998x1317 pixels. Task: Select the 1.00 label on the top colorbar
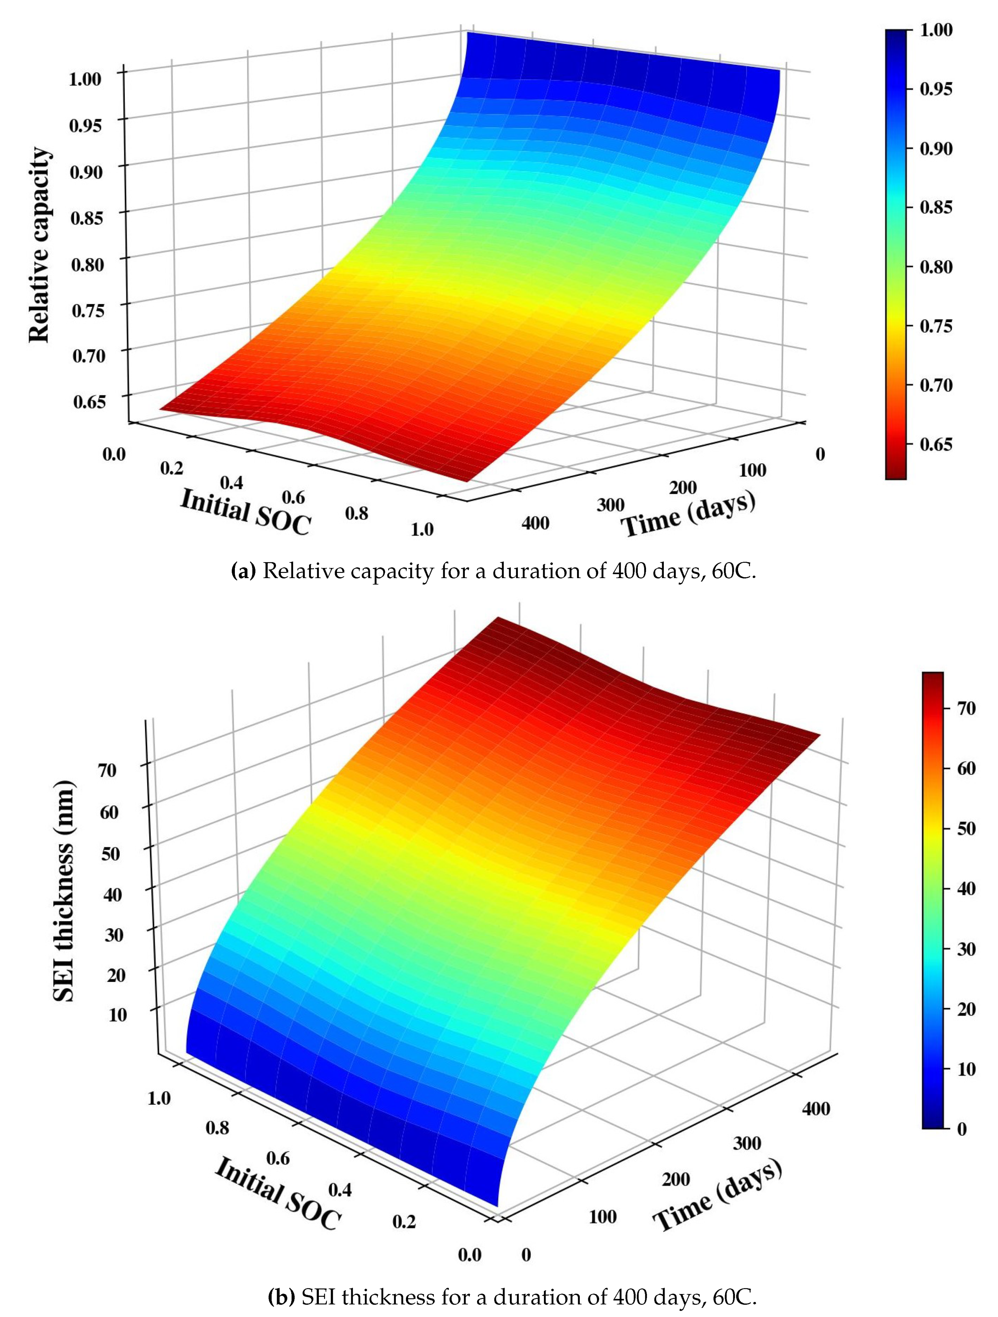coord(936,30)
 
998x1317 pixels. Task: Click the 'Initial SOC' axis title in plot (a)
coord(245,512)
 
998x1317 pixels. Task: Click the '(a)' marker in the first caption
coord(243,571)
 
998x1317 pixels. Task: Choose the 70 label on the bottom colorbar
coord(966,708)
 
